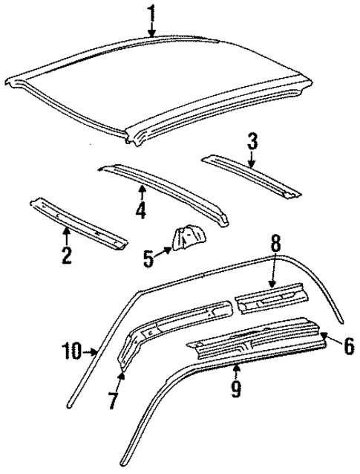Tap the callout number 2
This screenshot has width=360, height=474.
coord(66,257)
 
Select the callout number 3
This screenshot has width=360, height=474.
coord(252,140)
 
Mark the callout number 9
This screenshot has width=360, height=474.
coord(235,389)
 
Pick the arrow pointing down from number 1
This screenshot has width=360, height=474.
coord(151,29)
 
